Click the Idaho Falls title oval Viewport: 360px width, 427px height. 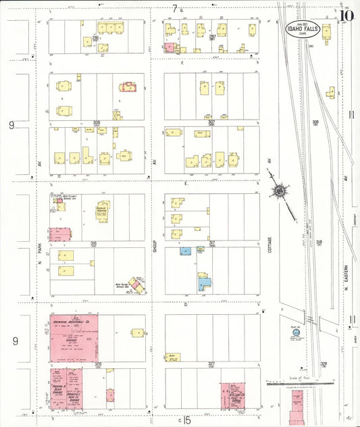[307, 28]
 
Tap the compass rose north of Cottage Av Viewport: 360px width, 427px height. [278, 192]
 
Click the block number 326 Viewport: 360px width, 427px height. [97, 363]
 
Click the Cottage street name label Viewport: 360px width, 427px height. [269, 253]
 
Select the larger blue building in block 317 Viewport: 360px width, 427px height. [205, 284]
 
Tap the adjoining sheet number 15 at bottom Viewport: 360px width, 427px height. [188, 421]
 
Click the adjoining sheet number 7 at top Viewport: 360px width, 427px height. [175, 8]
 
